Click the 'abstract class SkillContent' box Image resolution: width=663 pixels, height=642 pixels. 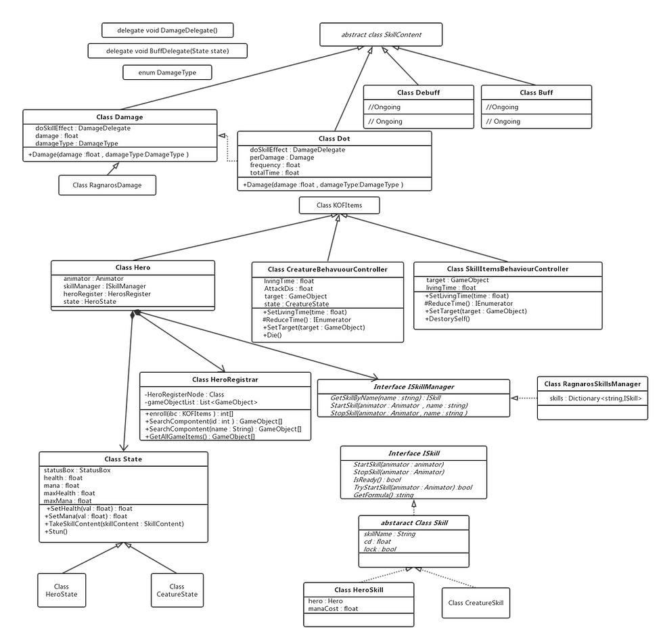381,34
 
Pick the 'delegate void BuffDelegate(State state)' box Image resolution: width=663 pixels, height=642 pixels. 167,51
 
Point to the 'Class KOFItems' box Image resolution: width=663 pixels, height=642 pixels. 338,205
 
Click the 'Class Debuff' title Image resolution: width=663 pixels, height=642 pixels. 417,93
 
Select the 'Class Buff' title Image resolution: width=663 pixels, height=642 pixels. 536,93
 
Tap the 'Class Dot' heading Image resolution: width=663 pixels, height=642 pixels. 334,139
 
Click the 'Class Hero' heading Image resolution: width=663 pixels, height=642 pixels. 133,268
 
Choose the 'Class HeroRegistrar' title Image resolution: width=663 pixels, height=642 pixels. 225,380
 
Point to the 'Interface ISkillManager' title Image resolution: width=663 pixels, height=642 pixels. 413,387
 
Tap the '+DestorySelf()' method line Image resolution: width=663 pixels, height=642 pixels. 447,319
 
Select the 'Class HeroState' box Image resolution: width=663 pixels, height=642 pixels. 62,591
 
